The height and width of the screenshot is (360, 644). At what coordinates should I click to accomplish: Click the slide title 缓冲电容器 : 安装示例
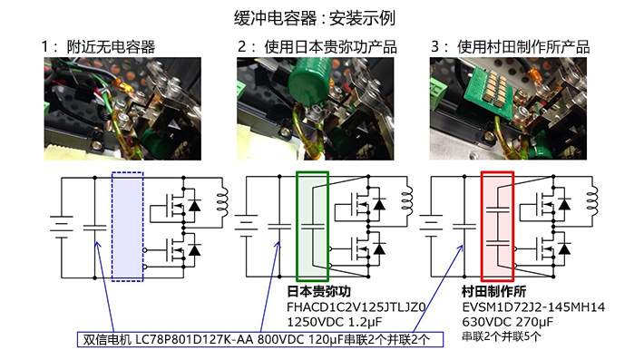(315, 18)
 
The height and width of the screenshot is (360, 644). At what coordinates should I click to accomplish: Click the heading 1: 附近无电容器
(98, 47)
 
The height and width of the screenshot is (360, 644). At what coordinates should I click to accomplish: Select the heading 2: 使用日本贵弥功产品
(317, 47)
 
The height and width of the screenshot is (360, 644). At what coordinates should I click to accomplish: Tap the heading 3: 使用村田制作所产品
(510, 47)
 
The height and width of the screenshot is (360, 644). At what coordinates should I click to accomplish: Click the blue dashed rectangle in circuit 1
(127, 227)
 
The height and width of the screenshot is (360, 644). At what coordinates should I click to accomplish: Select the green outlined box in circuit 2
(312, 227)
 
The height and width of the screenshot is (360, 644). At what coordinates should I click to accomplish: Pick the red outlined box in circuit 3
(497, 227)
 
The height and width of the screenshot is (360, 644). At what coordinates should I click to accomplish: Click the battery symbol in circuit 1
(62, 227)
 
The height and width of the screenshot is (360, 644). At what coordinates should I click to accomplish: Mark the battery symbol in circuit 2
(246, 227)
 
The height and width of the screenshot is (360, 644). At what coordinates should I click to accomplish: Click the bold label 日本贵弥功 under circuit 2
(318, 291)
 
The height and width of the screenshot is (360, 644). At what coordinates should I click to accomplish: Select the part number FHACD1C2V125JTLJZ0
(356, 307)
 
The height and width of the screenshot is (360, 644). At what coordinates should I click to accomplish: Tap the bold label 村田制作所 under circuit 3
(494, 291)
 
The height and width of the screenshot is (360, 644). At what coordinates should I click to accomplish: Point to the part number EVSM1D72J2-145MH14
(533, 307)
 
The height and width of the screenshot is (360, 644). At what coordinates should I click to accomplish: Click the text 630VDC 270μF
(508, 322)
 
